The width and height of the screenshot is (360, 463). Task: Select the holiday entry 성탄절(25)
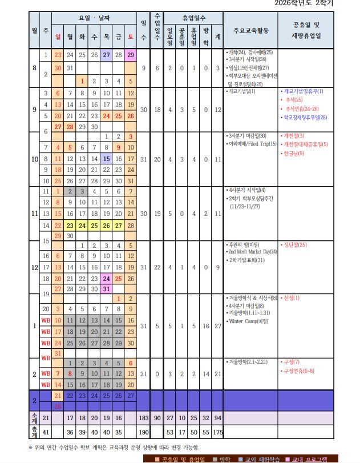(295, 244)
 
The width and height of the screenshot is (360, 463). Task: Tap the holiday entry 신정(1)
(292, 297)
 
